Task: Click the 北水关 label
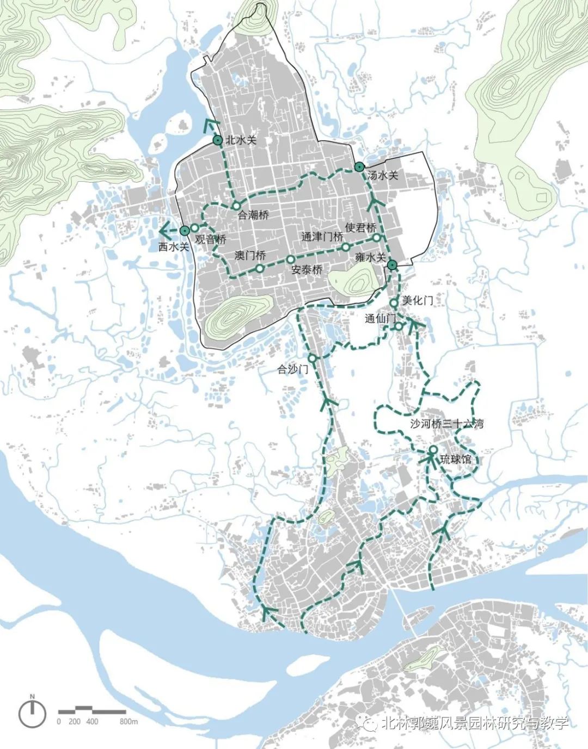pyautogui.click(x=241, y=140)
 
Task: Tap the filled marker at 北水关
pyautogui.click(x=217, y=140)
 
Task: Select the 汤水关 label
pyautogui.click(x=383, y=176)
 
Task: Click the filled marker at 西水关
pyautogui.click(x=185, y=231)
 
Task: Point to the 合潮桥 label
pyautogui.click(x=253, y=215)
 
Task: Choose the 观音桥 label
pyautogui.click(x=210, y=239)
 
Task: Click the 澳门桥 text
pyautogui.click(x=250, y=255)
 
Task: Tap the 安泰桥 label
pyautogui.click(x=307, y=269)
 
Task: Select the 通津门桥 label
pyautogui.click(x=322, y=237)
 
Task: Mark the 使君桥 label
pyautogui.click(x=360, y=227)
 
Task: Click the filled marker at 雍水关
pyautogui.click(x=392, y=265)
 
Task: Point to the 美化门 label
pyautogui.click(x=418, y=300)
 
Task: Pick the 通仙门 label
pyautogui.click(x=380, y=319)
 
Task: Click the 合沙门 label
pyautogui.click(x=293, y=369)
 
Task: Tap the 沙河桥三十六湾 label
pyautogui.click(x=446, y=424)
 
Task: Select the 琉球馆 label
pyautogui.click(x=456, y=460)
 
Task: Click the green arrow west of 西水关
pyautogui.click(x=166, y=230)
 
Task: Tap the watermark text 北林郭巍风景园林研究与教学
pyautogui.click(x=474, y=723)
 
